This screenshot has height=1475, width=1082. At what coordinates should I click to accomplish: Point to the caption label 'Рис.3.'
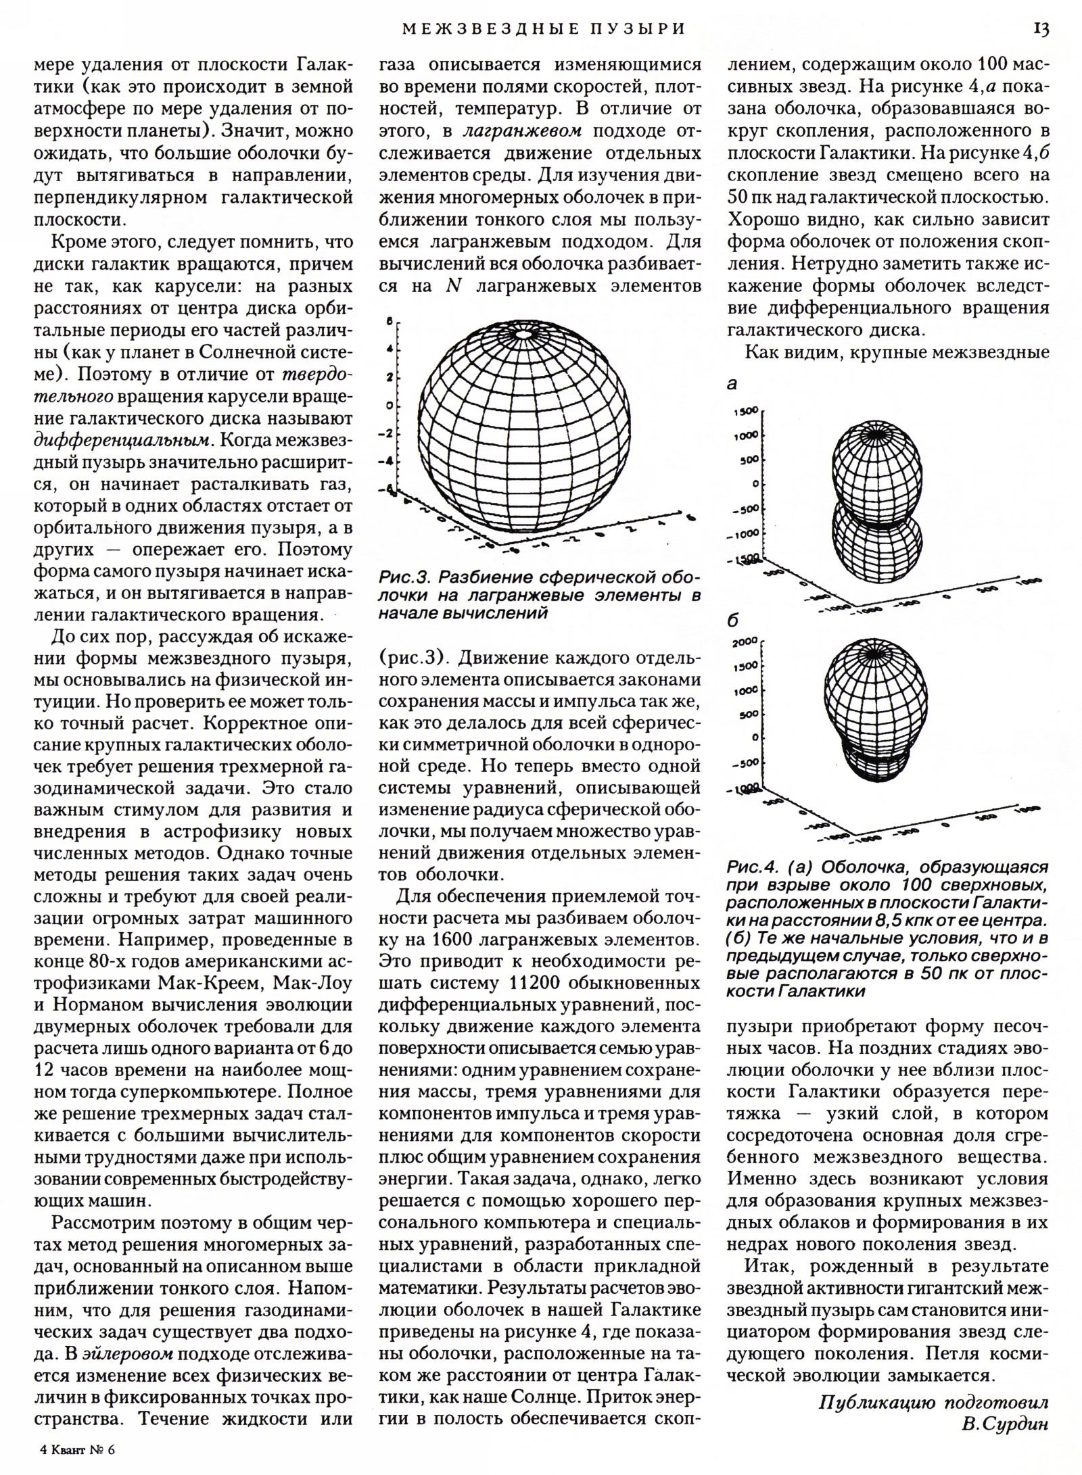(x=404, y=579)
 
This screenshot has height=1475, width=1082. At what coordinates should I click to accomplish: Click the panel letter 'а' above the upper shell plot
(x=731, y=384)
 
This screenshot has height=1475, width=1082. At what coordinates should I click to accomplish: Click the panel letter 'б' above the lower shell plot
(x=732, y=621)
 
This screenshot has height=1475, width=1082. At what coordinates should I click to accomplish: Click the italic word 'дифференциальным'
(x=118, y=440)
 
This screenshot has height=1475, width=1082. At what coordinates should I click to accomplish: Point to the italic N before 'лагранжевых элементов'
(x=454, y=286)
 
